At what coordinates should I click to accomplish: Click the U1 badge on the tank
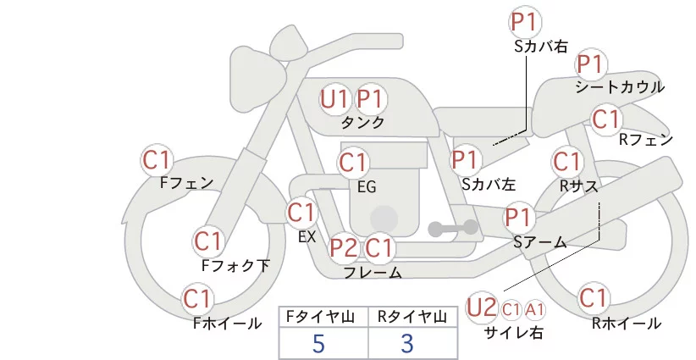coord(334,100)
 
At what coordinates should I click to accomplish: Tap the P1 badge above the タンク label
coord(369,100)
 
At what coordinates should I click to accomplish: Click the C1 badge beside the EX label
coord(301,212)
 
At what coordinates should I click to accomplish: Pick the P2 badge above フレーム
coord(343,248)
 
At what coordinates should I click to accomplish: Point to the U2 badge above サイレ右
coord(482,306)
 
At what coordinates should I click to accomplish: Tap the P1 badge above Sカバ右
coord(524,21)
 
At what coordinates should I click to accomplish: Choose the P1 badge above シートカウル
coord(590,64)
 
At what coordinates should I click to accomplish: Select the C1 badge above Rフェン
coord(605,119)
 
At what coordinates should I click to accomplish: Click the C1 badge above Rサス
coord(566,161)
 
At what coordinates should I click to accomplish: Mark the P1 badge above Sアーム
coord(520,218)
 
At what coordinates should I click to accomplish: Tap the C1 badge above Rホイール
coord(594,299)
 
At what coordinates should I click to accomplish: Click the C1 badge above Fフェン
coord(157,159)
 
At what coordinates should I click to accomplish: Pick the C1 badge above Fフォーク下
coord(207,241)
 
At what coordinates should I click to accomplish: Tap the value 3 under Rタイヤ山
coord(407,344)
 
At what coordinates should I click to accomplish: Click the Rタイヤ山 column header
coord(412,317)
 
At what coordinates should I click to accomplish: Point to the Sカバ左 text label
coord(489,183)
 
